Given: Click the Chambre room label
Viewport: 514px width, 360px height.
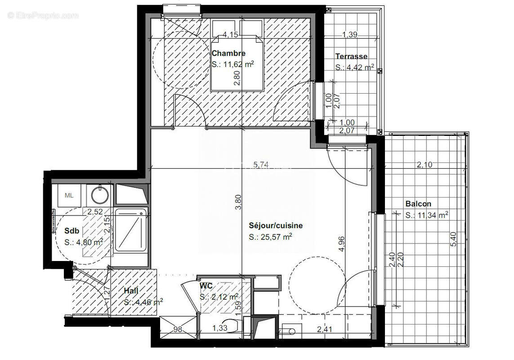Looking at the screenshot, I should (228, 54).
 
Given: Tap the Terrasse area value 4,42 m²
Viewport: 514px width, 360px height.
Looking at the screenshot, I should (355, 68).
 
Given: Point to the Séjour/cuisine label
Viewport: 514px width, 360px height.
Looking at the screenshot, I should (276, 225).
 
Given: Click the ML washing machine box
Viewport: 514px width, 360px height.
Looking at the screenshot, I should (69, 195).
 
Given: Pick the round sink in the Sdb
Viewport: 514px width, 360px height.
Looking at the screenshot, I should (99, 195).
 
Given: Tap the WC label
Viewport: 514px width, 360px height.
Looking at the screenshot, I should (206, 286).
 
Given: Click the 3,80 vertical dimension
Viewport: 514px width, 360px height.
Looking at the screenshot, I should (238, 201).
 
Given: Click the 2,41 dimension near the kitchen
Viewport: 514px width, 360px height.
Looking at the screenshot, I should (325, 330).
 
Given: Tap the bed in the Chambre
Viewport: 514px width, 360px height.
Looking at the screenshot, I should (237, 63).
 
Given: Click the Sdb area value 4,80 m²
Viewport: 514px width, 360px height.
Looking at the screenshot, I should (84, 242).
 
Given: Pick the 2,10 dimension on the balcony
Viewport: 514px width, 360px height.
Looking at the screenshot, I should (424, 165).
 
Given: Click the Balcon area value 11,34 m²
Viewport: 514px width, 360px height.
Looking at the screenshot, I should (426, 216).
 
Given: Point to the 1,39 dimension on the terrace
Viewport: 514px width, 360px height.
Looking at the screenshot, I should (349, 35).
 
